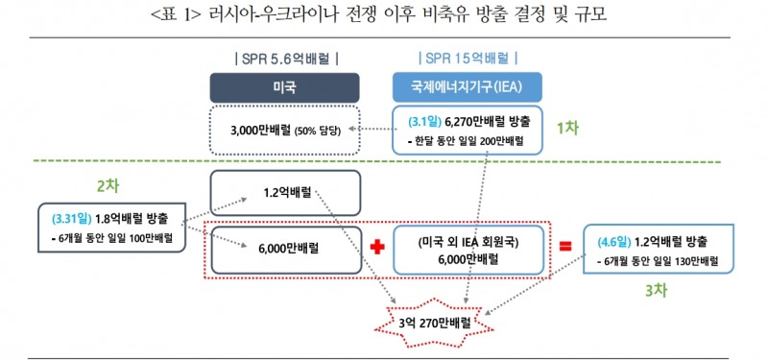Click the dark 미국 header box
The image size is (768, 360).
point(284,88)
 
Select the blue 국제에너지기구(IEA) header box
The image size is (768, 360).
point(468,88)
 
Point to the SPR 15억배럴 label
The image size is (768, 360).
point(468,59)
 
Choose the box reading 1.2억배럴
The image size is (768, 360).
point(284,191)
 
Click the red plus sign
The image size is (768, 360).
point(376,248)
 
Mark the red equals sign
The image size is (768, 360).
point(564,247)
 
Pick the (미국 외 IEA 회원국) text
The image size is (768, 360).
point(468,240)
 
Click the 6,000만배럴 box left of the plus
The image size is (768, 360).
point(284,248)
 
